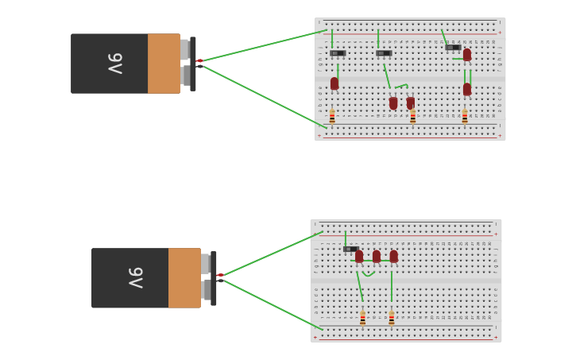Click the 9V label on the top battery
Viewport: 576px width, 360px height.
tap(115, 63)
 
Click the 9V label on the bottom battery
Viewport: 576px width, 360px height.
tap(136, 277)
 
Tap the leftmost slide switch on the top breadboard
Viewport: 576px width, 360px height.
tap(338, 53)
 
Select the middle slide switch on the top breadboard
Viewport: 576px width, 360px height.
tap(384, 53)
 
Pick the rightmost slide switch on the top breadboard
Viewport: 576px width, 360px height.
tap(452, 48)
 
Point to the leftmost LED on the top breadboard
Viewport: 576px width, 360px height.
tap(334, 83)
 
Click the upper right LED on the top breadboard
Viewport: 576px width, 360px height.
tap(467, 55)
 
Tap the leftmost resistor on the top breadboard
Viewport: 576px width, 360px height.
tap(332, 117)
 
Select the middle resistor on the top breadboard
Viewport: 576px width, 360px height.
tap(412, 117)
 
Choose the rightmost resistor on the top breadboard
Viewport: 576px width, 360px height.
tap(465, 117)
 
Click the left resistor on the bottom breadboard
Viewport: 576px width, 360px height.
tap(362, 318)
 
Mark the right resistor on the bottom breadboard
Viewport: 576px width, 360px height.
tap(391, 318)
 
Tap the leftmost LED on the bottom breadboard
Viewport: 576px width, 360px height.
tap(359, 257)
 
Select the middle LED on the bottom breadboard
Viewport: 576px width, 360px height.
tap(377, 257)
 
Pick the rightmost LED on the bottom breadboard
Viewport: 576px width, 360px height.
tap(393, 257)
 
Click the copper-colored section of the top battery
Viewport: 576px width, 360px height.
tap(164, 64)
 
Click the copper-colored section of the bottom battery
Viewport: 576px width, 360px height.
tap(184, 278)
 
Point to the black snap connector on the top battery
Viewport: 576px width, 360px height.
tap(192, 64)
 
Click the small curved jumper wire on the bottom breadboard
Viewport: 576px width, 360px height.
tap(369, 274)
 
